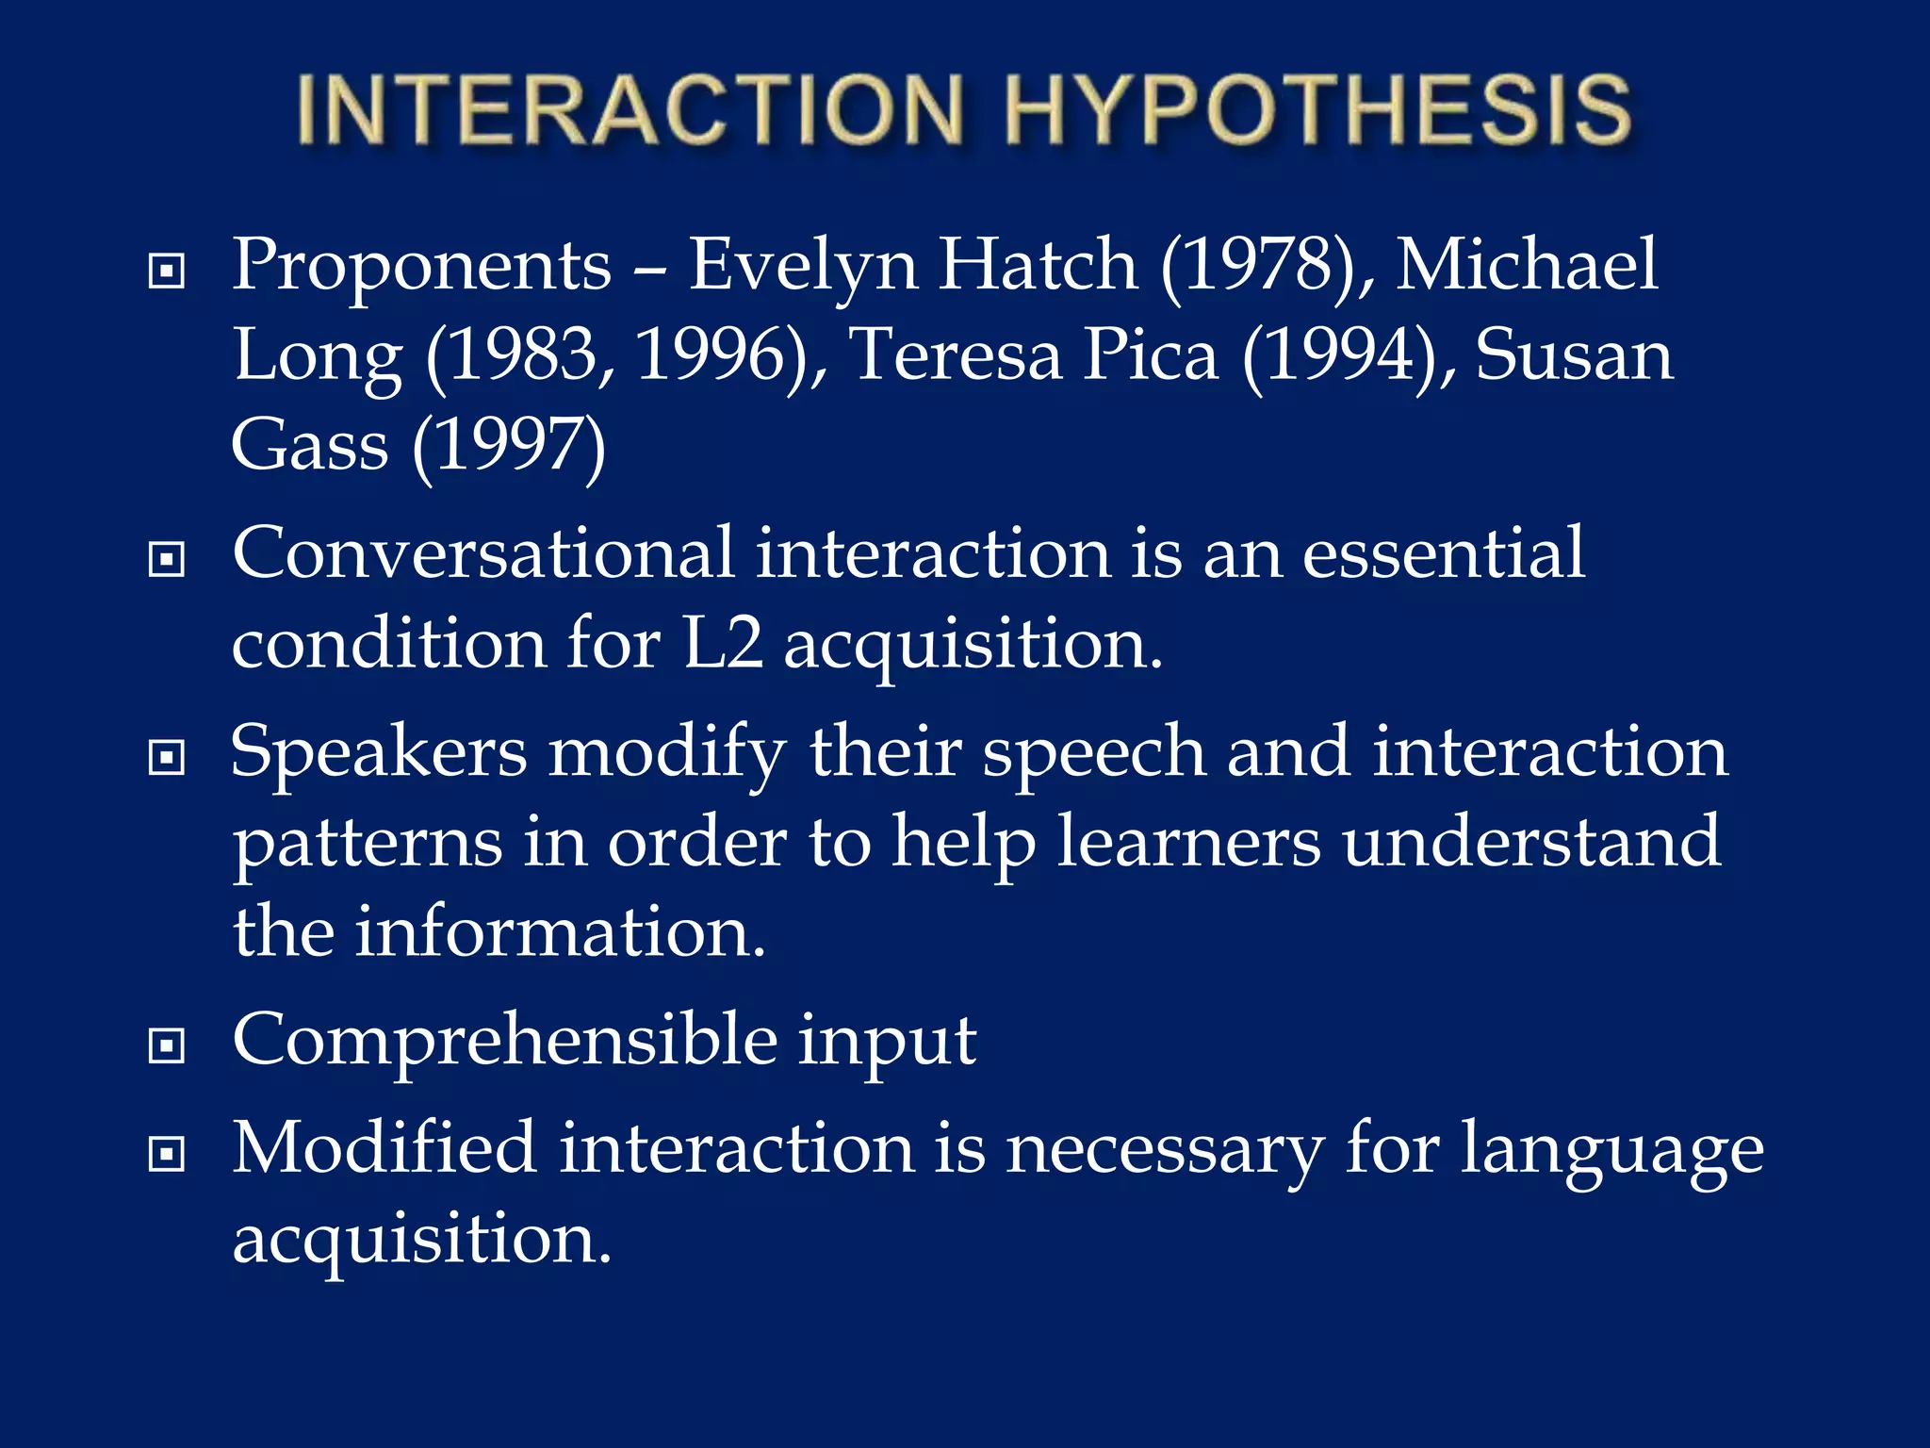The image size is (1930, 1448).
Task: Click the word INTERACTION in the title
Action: coord(630,111)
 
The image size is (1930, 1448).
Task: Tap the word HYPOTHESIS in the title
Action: coord(1317,111)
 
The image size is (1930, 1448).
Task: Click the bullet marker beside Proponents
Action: coord(167,271)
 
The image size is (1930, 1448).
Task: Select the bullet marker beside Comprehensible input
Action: coord(167,1045)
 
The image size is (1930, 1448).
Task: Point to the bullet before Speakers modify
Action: coord(167,757)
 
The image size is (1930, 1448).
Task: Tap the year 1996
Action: coord(721,356)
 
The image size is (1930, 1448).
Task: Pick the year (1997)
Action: coord(509,446)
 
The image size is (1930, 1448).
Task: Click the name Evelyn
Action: coord(803,266)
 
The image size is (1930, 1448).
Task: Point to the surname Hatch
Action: coord(1039,266)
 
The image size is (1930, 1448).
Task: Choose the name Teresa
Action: coord(954,356)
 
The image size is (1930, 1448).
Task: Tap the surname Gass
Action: coord(309,446)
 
